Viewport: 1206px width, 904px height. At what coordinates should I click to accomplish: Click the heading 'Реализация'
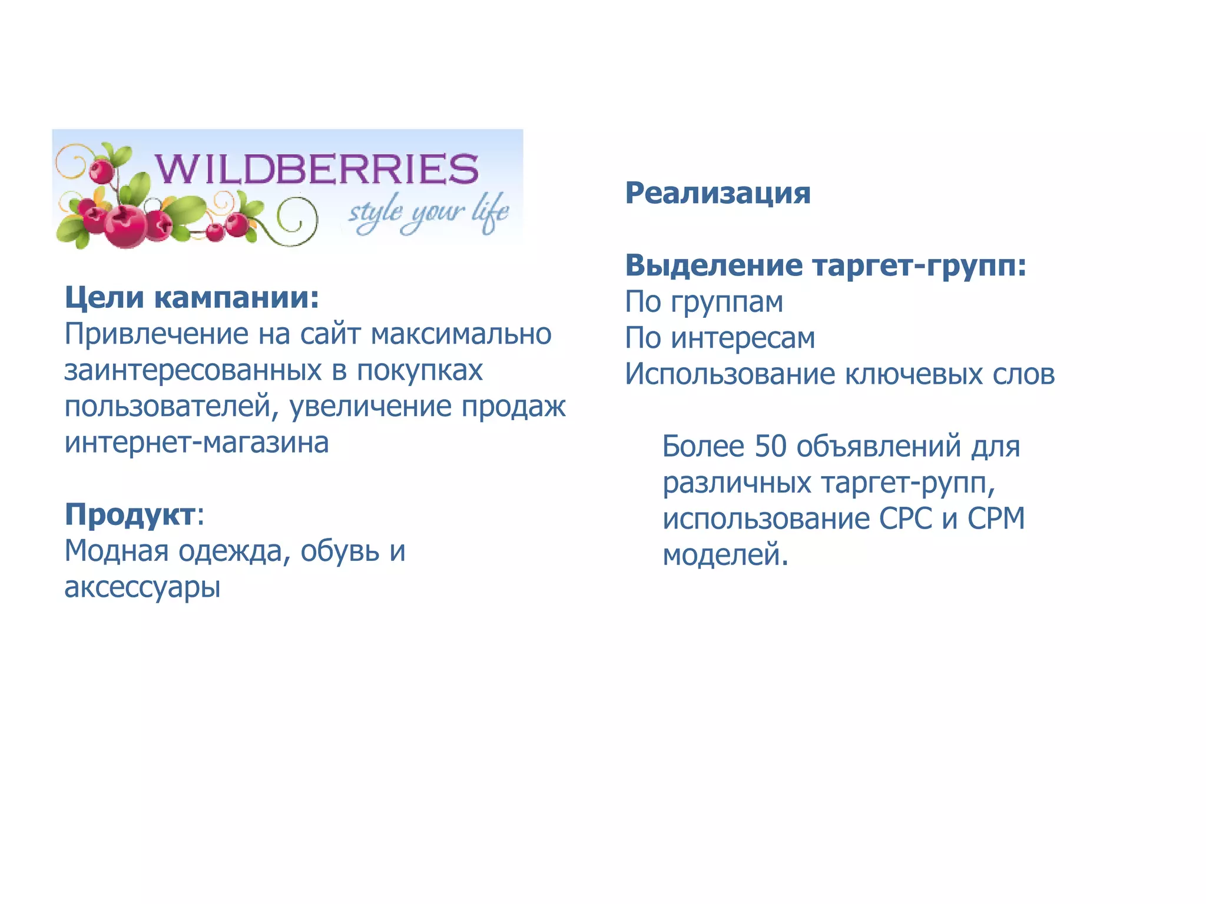pyautogui.click(x=717, y=193)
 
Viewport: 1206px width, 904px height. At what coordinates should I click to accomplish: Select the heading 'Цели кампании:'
pyautogui.click(x=191, y=297)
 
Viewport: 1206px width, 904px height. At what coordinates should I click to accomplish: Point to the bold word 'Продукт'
pyautogui.click(x=130, y=514)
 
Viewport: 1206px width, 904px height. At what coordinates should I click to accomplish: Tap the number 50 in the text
pyautogui.click(x=770, y=446)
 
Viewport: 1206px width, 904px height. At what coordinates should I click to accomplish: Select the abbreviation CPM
pyautogui.click(x=996, y=519)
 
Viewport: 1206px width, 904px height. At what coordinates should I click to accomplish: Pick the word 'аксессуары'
pyautogui.click(x=143, y=587)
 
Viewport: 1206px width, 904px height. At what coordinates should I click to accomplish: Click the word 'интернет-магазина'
pyautogui.click(x=197, y=443)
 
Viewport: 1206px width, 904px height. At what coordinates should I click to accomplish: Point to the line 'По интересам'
pyautogui.click(x=720, y=338)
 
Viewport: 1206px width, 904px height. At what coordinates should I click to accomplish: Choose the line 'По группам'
pyautogui.click(x=704, y=303)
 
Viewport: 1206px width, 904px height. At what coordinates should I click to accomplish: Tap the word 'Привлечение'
pyautogui.click(x=157, y=334)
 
